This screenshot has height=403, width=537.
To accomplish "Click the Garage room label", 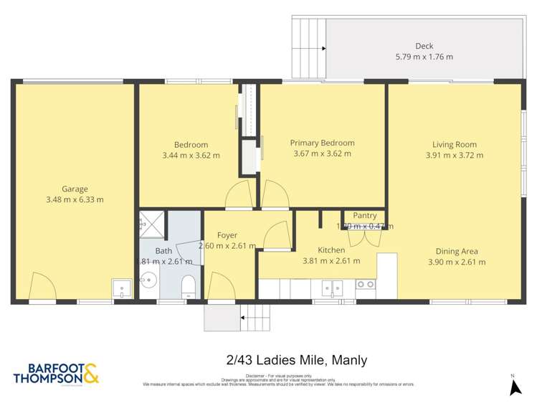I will tap(75, 189).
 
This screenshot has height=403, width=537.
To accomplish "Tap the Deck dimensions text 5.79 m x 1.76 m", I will tap(424, 57).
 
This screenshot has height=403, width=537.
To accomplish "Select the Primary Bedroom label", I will tap(322, 143).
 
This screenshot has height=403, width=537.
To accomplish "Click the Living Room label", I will tap(454, 144).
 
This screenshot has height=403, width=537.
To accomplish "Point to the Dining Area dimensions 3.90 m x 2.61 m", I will tap(456, 262).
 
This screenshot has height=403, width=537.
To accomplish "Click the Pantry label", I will tap(364, 215).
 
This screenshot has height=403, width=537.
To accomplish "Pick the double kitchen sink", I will tap(332, 288).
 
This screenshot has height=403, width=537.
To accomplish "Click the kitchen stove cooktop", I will tap(366, 285).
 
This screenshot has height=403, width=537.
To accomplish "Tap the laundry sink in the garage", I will tap(122, 290).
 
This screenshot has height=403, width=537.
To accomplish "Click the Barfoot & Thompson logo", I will tap(56, 374).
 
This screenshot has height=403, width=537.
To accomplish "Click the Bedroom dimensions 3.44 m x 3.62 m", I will tap(191, 155).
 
